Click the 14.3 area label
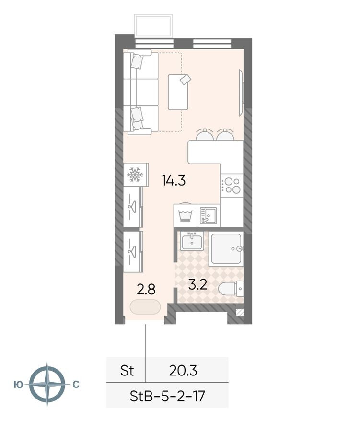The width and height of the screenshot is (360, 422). tap(173, 180)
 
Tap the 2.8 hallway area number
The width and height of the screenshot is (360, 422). tap(146, 290)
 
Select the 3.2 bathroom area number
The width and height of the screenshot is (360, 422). tap(198, 284)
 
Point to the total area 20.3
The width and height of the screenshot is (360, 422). tap(183, 370)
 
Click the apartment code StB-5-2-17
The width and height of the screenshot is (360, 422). tap(167, 396)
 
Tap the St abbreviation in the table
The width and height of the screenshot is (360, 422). tap(127, 370)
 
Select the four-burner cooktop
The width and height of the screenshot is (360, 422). tap(232, 186)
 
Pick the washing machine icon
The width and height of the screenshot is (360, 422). tap(185, 215)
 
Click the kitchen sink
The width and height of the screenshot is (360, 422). tap(208, 215)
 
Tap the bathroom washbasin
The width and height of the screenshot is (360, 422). tap(192, 241)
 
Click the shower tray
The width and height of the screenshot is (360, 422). tap(226, 249)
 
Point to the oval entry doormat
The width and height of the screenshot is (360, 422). tap(145, 307)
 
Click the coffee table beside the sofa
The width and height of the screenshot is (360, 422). tap(178, 92)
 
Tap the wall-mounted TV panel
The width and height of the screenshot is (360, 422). tap(241, 93)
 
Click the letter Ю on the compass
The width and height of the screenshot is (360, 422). tap(18, 385)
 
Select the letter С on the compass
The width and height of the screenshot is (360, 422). tap(76, 385)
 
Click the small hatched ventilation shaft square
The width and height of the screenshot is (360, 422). tap(240, 312)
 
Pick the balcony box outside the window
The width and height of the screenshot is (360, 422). tap(153, 26)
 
